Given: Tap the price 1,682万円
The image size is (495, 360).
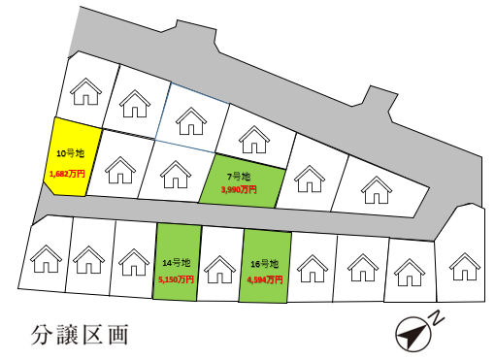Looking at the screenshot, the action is pos(67,175).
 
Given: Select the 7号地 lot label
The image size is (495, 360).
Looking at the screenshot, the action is pos(239,176).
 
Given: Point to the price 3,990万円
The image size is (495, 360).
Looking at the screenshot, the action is pos(239,190).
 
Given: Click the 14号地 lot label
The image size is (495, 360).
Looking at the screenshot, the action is pos(178,263).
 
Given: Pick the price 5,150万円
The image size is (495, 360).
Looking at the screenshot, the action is pos(177,279).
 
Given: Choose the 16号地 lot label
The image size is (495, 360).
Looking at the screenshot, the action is pos(264,263).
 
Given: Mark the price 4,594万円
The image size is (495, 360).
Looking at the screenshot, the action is pos(264,279).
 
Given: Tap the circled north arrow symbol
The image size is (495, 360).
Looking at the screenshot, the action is pos(412,336).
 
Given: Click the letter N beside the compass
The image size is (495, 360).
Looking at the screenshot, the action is pos(438,317).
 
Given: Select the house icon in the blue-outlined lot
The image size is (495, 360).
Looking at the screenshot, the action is pos(188,120).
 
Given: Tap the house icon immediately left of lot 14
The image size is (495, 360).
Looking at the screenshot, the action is pos(132,260).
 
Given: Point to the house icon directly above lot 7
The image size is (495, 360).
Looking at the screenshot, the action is pos(254,140).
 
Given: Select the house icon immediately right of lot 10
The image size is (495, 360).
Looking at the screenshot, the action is pos(120,171).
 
